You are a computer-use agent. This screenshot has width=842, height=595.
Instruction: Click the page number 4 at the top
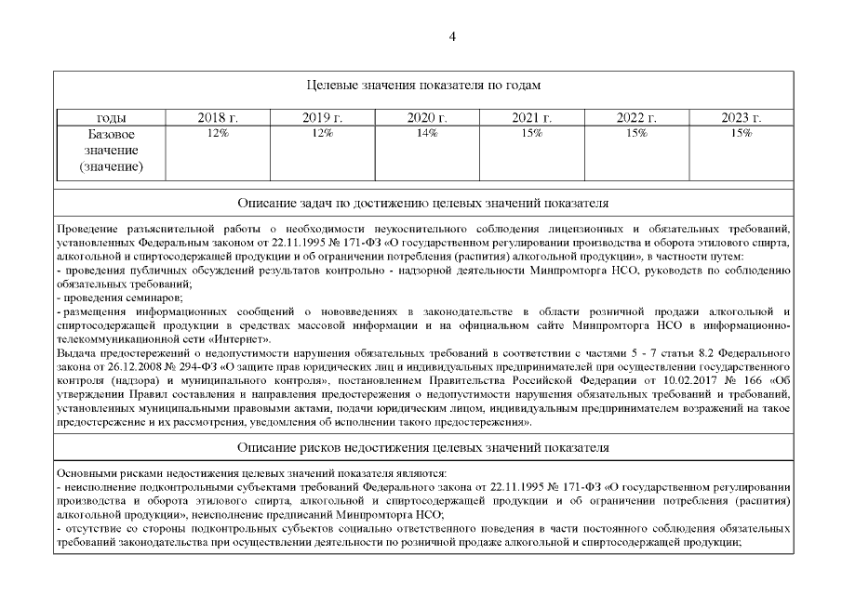[452, 36]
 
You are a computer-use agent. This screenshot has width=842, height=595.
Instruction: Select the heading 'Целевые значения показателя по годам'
[423, 85]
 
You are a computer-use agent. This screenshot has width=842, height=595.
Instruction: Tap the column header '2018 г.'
[218, 118]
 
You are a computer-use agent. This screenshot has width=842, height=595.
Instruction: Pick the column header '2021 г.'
[532, 118]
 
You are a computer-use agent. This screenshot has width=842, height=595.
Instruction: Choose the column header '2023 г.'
[742, 118]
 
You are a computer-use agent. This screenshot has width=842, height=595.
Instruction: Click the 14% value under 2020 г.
[427, 134]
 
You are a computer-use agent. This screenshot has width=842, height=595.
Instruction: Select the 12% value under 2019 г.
[322, 134]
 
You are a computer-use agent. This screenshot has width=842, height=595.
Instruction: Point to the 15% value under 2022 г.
[636, 134]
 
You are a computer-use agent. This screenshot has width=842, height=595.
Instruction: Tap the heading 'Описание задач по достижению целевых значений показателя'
[423, 202]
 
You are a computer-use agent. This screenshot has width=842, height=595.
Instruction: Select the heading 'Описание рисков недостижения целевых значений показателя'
[423, 447]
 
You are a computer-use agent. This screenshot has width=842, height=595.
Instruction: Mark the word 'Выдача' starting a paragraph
[76, 353]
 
